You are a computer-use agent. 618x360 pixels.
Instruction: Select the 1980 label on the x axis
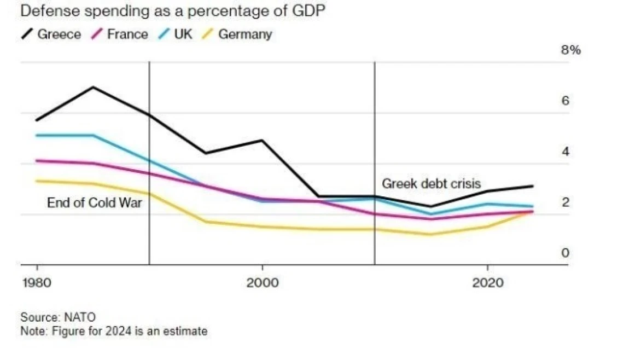point(37,283)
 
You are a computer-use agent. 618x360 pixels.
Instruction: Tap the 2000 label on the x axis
point(263,283)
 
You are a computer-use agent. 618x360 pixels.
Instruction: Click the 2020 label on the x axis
point(487,283)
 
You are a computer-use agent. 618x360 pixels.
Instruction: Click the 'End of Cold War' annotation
point(95,203)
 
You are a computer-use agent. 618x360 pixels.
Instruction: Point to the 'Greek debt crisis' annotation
point(431,184)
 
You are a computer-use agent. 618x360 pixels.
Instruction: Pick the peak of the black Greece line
point(94,87)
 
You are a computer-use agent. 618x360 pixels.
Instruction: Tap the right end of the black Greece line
point(532,186)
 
